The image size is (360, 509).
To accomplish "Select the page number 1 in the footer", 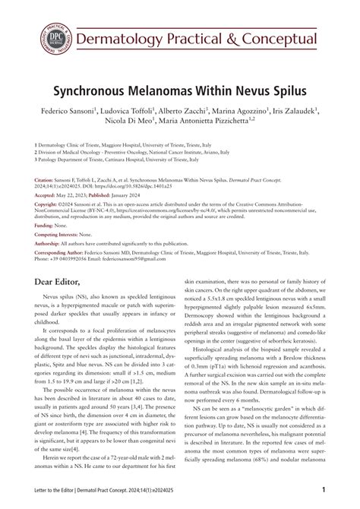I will coord(324,490).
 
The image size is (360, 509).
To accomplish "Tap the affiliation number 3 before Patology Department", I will coord(36,161).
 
